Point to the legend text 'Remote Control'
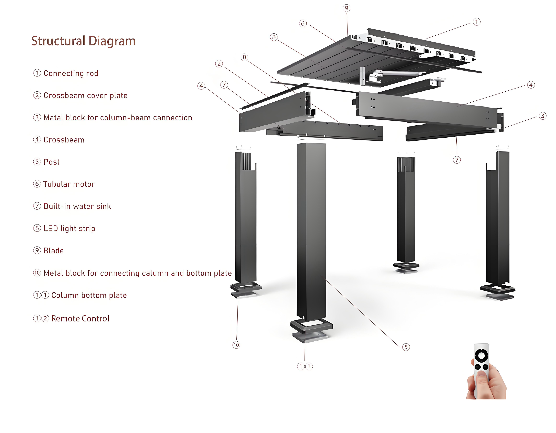tap(80, 319)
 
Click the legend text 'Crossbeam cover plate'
tap(85, 95)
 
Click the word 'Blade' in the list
tap(53, 251)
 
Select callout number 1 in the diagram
tap(477, 22)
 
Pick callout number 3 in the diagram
tap(543, 116)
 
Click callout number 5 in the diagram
tap(406, 347)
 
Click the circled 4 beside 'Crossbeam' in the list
tap(37, 139)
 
